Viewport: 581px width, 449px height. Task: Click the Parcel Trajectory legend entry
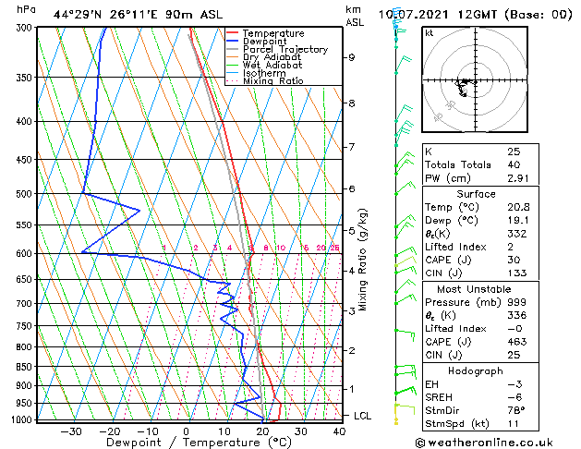284,49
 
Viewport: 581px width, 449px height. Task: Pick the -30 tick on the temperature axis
70,431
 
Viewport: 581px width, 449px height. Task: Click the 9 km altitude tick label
351,57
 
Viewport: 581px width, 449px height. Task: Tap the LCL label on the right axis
363,416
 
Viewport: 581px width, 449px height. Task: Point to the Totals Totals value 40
514,164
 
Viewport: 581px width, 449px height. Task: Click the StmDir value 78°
516,410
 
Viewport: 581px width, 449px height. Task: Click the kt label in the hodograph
430,32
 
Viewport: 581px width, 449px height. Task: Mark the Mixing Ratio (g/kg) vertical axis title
363,260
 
